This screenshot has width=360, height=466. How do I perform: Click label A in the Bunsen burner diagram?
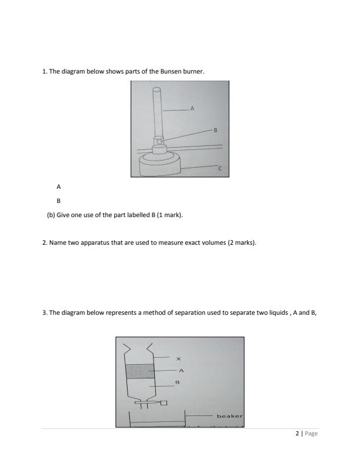point(192,109)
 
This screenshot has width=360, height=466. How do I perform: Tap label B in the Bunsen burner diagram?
point(215,129)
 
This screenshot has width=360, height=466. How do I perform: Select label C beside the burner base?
point(220,168)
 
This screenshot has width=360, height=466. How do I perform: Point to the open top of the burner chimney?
point(157,91)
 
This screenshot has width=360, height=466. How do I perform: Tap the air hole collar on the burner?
point(159,141)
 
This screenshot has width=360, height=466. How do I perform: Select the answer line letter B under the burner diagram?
point(58,200)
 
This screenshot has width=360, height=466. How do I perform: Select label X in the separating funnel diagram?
point(178,358)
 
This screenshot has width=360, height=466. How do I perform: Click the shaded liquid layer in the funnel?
point(140,372)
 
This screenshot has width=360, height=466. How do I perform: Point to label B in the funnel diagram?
point(177,382)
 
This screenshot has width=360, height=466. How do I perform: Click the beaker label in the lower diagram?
point(229,417)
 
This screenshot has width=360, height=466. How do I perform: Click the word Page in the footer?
point(311,434)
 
